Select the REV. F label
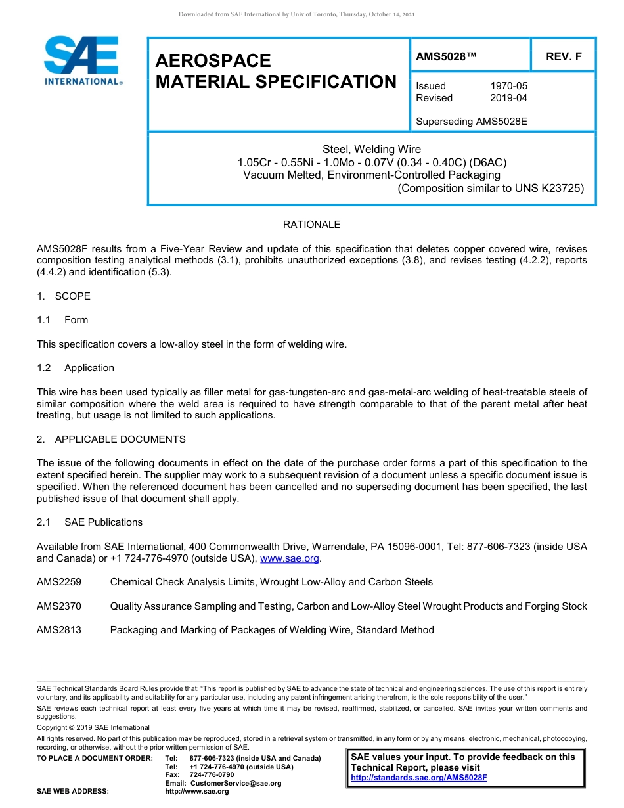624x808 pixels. (564, 57)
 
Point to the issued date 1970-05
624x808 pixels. (508, 86)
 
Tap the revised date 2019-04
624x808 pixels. (508, 98)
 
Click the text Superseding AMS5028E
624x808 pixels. (472, 122)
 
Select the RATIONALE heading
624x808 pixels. (311, 225)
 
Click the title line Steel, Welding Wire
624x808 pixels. (372, 149)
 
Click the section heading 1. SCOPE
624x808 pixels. (64, 296)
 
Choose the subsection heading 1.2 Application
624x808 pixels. (76, 368)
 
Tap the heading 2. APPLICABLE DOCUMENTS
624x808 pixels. (111, 439)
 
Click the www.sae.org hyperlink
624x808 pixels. (290, 558)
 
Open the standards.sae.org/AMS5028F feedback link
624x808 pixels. (419, 778)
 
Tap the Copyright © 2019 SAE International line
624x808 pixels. (93, 727)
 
